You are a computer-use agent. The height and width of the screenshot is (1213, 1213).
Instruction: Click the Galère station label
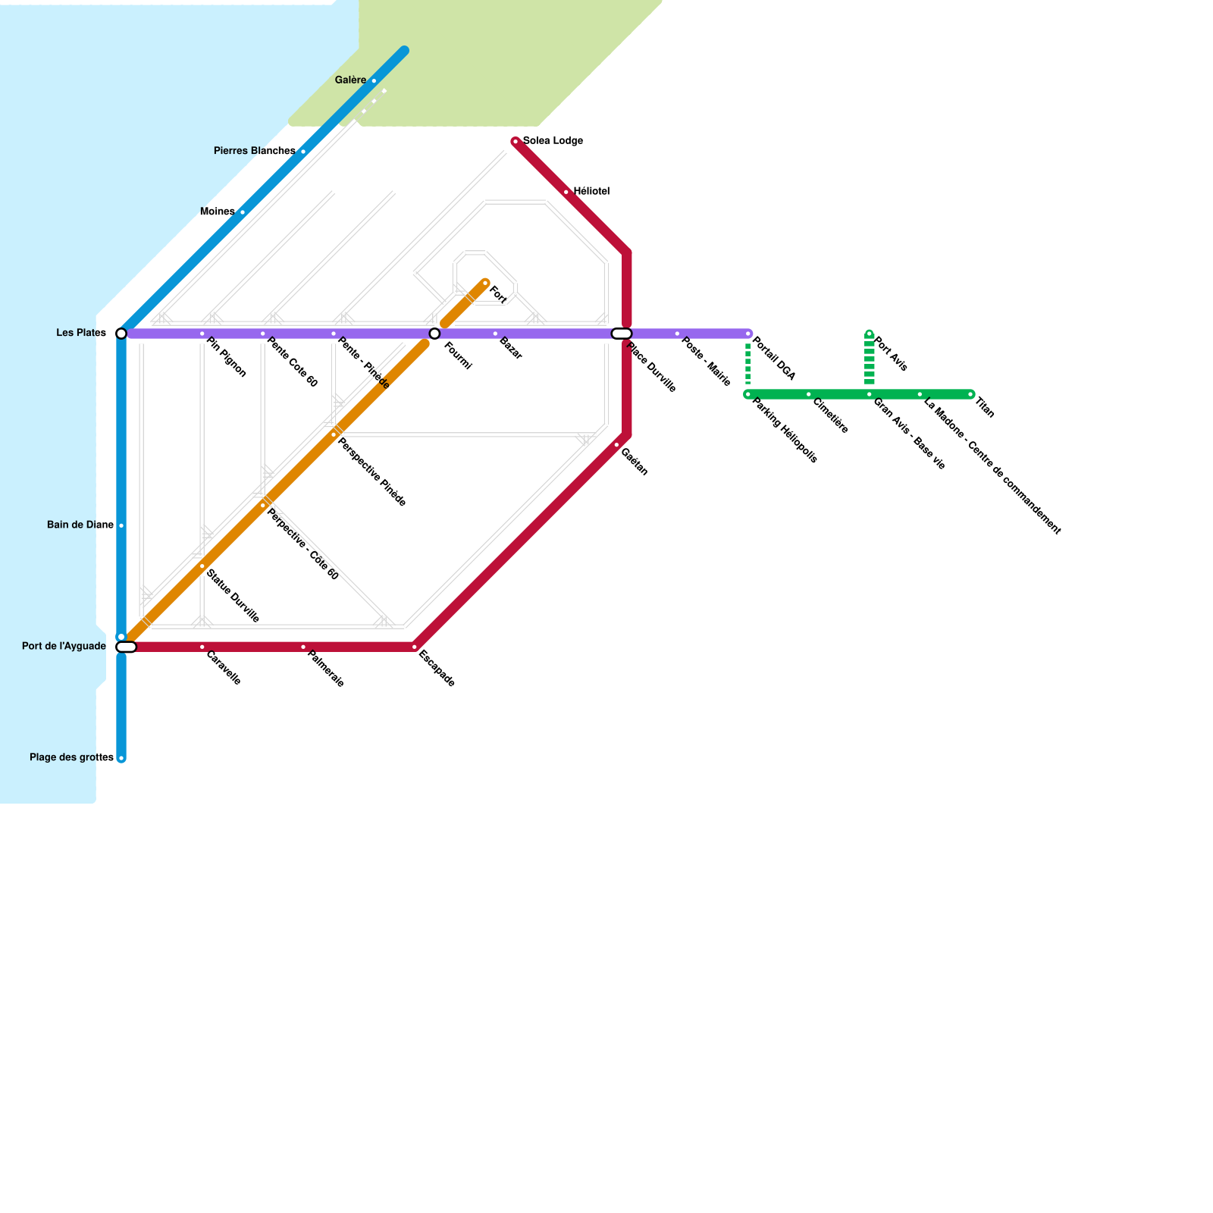pyautogui.click(x=350, y=80)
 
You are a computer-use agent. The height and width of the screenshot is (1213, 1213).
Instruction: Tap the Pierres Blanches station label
pyautogui.click(x=254, y=151)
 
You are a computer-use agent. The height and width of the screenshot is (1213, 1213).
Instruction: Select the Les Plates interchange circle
pyautogui.click(x=121, y=334)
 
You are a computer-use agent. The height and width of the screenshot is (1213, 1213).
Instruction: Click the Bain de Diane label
pyautogui.click(x=80, y=525)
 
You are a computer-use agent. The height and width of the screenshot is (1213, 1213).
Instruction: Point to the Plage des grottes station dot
pyautogui.click(x=121, y=758)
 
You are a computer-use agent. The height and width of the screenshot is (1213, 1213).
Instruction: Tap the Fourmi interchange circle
pyautogui.click(x=434, y=334)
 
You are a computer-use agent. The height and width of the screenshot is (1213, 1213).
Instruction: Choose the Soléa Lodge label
pyautogui.click(x=553, y=141)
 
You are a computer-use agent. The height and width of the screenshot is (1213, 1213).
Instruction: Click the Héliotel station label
pyautogui.click(x=591, y=191)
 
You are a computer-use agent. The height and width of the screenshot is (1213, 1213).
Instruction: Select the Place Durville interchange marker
pyautogui.click(x=622, y=334)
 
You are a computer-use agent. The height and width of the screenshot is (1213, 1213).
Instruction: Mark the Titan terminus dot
pyautogui.click(x=970, y=394)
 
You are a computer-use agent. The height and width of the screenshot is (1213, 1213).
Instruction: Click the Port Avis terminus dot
pyautogui.click(x=870, y=334)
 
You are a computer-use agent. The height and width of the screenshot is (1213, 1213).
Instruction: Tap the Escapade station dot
pyautogui.click(x=415, y=647)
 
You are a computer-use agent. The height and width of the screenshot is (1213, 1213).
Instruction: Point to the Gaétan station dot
pyautogui.click(x=616, y=445)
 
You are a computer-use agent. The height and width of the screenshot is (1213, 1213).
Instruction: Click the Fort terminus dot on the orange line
pyautogui.click(x=485, y=283)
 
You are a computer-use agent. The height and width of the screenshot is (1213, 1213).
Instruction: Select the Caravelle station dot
pyautogui.click(x=202, y=647)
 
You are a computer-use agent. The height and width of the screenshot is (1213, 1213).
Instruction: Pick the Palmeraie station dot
pyautogui.click(x=303, y=647)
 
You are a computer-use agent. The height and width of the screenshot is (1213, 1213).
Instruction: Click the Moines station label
pyautogui.click(x=217, y=212)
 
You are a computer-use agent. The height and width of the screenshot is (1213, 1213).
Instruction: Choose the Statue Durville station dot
pyautogui.click(x=202, y=566)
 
